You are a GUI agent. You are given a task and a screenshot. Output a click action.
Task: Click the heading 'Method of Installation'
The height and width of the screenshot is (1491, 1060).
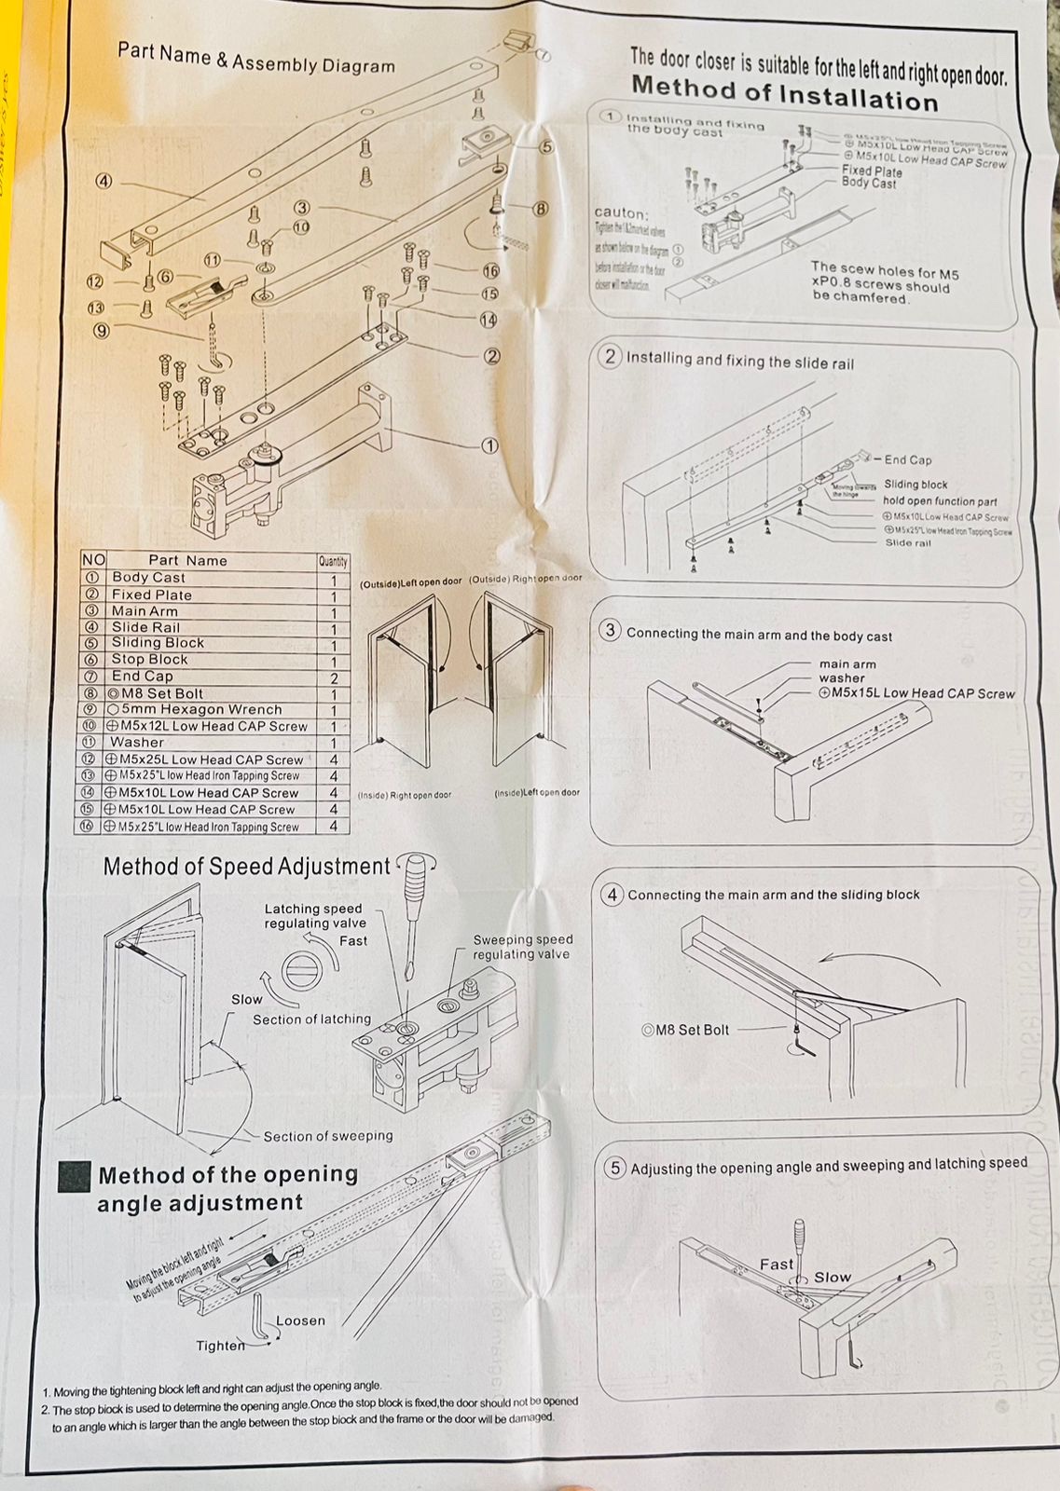pyautogui.click(x=784, y=93)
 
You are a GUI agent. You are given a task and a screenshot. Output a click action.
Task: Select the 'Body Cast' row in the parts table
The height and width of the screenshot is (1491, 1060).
pyautogui.click(x=149, y=578)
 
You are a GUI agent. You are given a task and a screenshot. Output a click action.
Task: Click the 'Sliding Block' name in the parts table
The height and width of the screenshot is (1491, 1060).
pyautogui.click(x=158, y=643)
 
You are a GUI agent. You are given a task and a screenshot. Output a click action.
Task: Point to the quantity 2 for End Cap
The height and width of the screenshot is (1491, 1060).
pyautogui.click(x=334, y=678)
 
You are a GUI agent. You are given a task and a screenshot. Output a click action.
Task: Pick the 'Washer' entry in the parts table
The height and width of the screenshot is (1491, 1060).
pyautogui.click(x=137, y=743)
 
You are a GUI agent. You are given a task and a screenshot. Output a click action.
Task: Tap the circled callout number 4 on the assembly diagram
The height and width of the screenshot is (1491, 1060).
pyautogui.click(x=103, y=181)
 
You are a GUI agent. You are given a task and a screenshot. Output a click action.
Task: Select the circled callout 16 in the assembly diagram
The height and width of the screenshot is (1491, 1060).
pyautogui.click(x=491, y=271)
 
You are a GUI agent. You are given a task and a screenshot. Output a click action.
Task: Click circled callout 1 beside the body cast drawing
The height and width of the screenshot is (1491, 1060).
pyautogui.click(x=489, y=445)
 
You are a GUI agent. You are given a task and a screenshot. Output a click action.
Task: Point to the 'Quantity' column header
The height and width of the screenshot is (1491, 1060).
pyautogui.click(x=333, y=561)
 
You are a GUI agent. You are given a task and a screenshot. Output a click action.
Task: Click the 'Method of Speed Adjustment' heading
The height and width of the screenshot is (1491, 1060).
pyautogui.click(x=246, y=867)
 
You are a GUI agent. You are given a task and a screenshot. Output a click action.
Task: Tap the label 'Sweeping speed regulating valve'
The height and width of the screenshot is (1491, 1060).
pyautogui.click(x=522, y=947)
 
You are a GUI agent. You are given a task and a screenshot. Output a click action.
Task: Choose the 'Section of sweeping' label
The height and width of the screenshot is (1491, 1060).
pyautogui.click(x=328, y=1136)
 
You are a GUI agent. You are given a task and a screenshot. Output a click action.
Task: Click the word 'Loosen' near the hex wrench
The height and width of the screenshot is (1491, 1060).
pyautogui.click(x=300, y=1320)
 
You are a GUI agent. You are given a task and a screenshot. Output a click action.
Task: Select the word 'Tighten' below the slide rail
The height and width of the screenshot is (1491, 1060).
pyautogui.click(x=220, y=1346)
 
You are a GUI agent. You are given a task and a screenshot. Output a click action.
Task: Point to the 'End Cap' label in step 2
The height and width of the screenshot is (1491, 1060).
pyautogui.click(x=907, y=459)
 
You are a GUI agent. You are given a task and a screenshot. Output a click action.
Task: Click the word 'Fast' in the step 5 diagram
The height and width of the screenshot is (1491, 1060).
pyautogui.click(x=776, y=1265)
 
